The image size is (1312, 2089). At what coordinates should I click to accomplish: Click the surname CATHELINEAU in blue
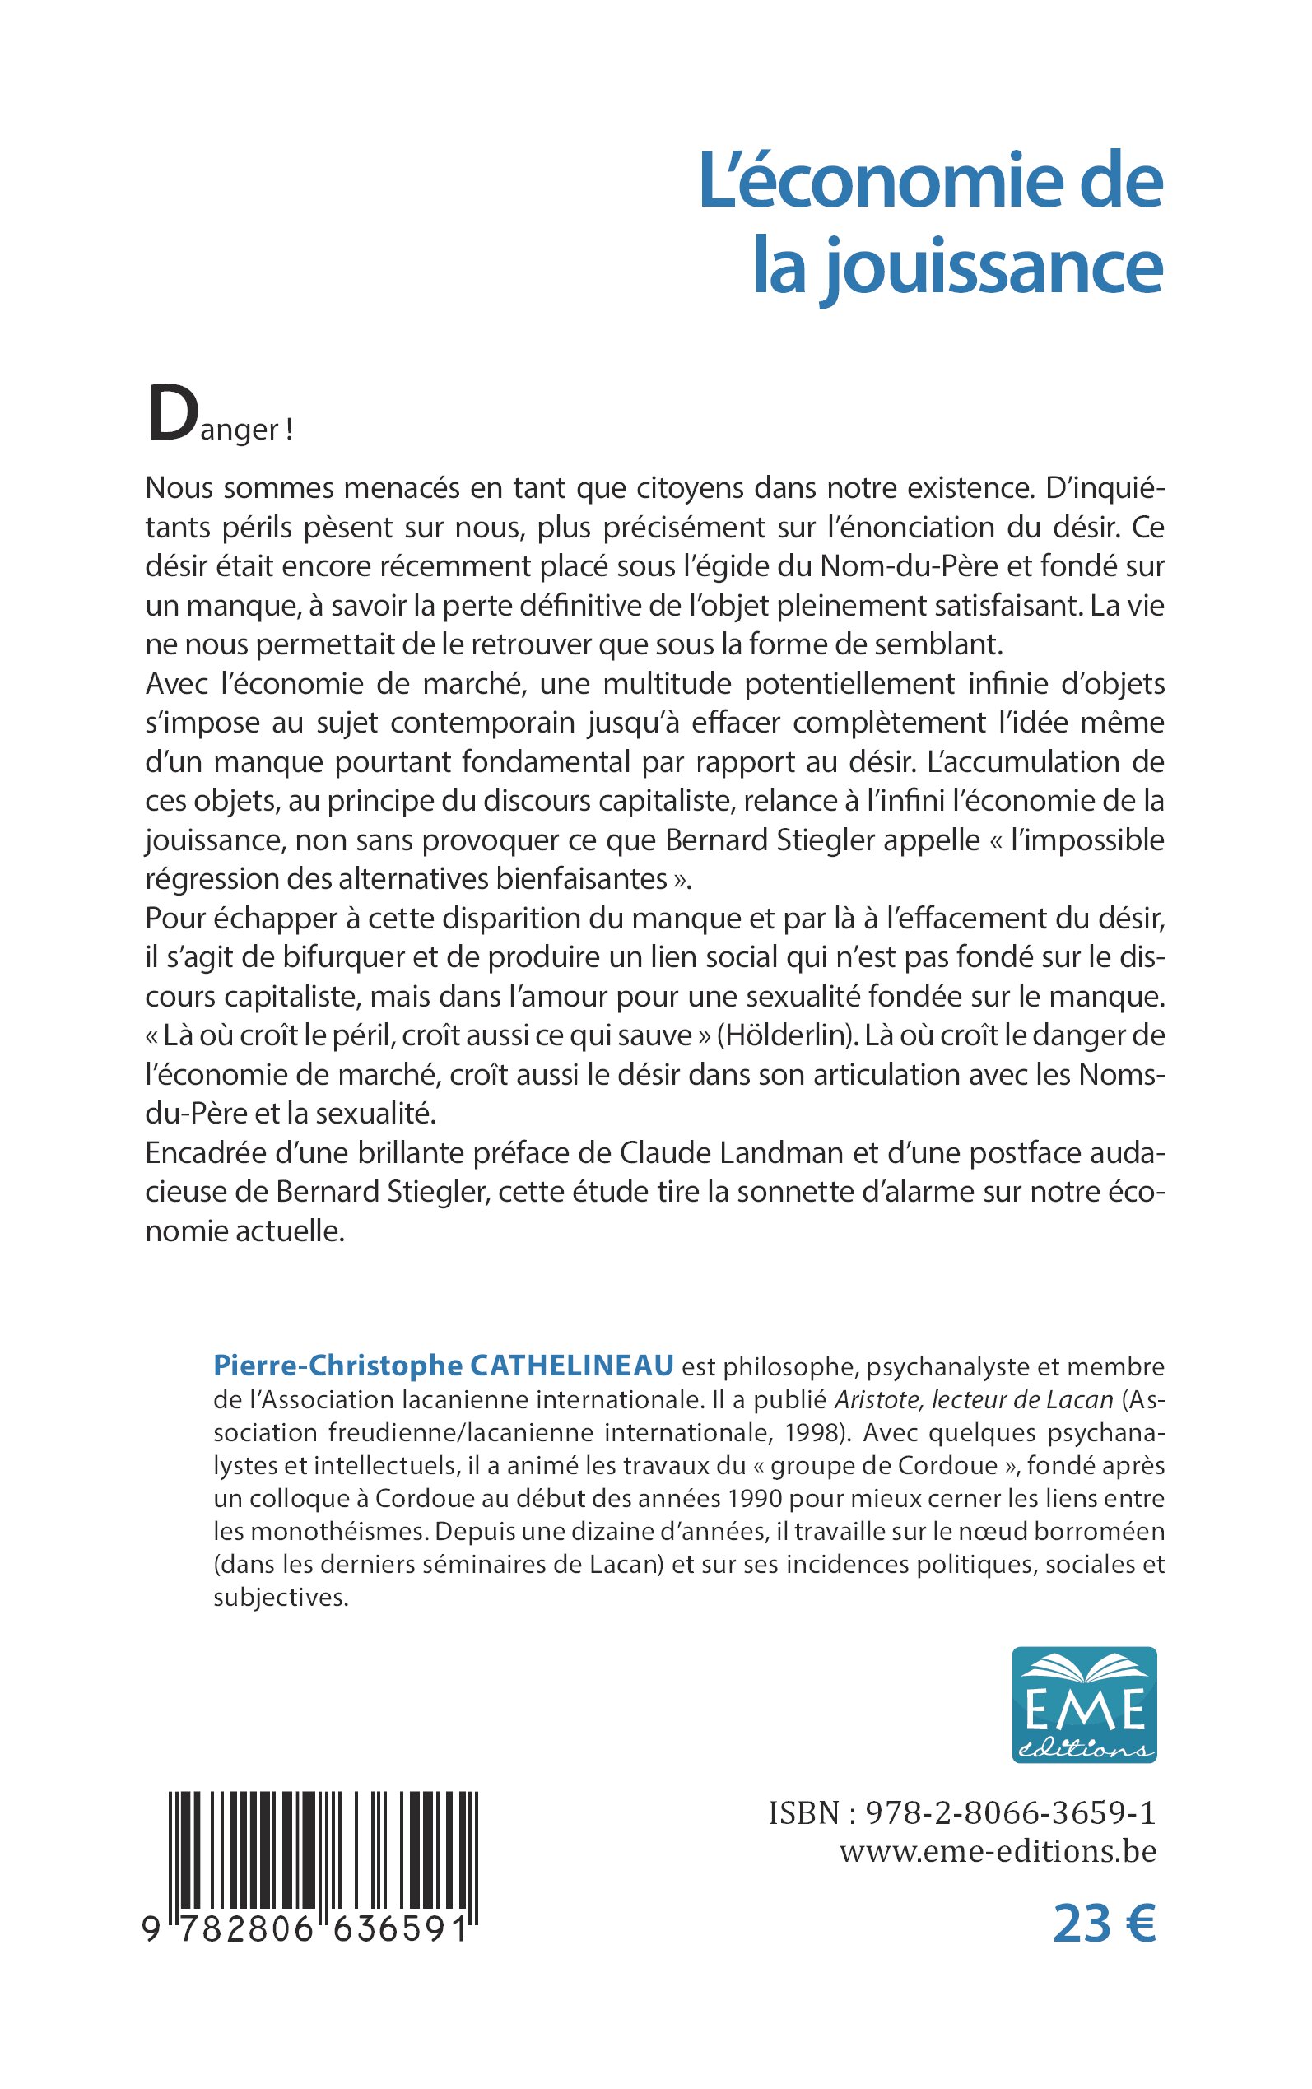coord(572,1366)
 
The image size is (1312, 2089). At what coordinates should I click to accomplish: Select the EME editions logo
coord(1084,1705)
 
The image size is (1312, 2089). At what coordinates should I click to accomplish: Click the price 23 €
coord(1104,1924)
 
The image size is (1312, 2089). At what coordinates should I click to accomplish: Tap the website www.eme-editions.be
coord(998,1851)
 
